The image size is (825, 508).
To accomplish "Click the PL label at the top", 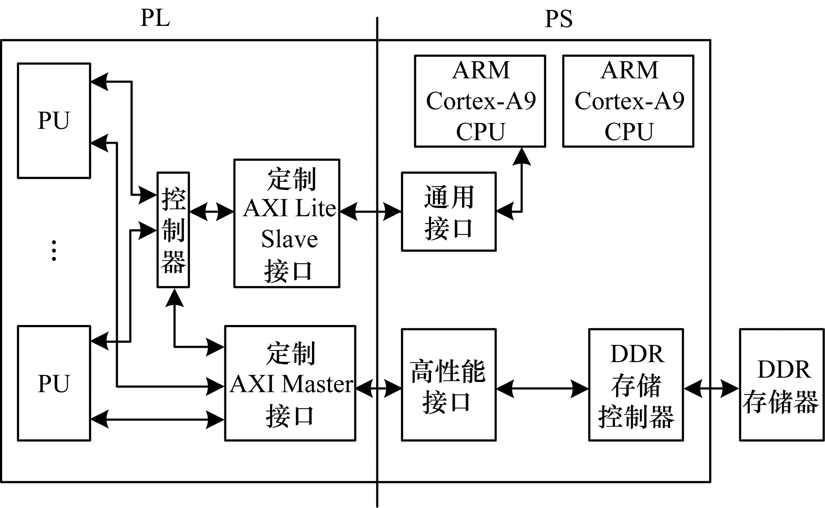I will point(155,18).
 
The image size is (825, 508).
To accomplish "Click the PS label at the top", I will point(558,19).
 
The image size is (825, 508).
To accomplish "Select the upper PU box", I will point(54,120).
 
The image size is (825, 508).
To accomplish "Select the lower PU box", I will point(54,383).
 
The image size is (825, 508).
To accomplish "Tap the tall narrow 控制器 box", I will point(173,230).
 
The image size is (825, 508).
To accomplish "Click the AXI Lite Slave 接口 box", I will point(287,224).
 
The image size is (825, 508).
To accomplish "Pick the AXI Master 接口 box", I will point(290,383).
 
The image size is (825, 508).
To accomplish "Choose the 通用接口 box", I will point(449,211).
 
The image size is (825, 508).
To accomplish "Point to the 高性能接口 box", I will point(449,385).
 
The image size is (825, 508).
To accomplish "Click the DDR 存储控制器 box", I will point(636,385).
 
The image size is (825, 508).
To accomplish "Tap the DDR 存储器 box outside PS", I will point(781,385).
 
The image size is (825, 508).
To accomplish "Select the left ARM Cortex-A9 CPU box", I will point(480,101).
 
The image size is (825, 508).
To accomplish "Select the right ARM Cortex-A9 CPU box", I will point(628,101).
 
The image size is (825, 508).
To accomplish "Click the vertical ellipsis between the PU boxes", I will point(54,250).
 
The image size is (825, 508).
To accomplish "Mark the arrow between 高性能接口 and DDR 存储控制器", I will point(542,389).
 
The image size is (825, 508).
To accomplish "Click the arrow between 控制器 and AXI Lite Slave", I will point(211,212).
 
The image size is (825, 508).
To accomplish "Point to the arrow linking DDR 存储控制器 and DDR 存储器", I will point(712,389).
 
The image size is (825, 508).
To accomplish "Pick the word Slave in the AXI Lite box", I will point(290,239).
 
